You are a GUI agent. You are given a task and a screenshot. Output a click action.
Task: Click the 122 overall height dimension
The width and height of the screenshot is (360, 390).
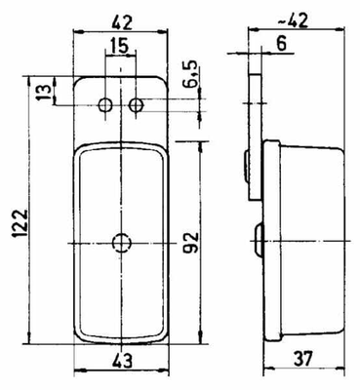[x=20, y=223]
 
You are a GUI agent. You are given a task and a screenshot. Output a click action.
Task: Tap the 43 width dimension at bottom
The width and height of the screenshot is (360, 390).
[x=122, y=361]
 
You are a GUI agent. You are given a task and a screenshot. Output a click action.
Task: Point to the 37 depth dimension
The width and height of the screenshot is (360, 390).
[x=303, y=358]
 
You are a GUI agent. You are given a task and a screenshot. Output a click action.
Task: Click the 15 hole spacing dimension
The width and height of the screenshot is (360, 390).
[x=119, y=46]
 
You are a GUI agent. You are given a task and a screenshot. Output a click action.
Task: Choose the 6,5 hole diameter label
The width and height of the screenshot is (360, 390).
[x=191, y=74]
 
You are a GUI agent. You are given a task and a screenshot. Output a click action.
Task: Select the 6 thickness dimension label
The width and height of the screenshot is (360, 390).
[x=282, y=44]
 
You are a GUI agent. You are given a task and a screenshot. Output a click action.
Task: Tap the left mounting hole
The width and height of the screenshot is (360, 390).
[x=105, y=104]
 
